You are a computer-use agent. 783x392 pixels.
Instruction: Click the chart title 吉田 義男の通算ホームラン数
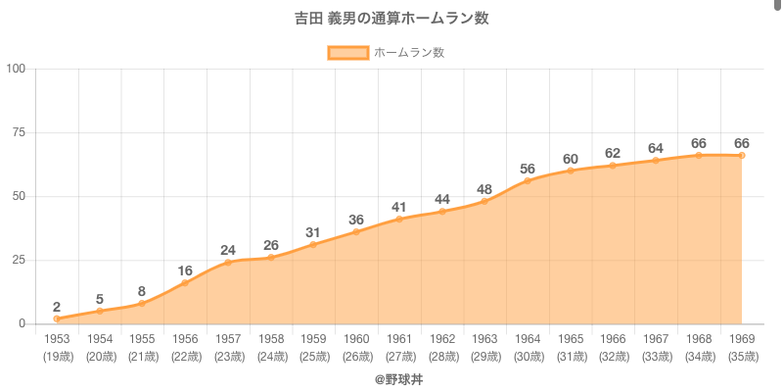(x=391, y=19)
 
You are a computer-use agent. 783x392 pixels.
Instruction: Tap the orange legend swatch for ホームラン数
(x=347, y=53)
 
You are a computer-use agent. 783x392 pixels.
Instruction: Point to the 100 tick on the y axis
(x=17, y=69)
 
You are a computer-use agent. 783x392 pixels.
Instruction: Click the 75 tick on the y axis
(x=20, y=132)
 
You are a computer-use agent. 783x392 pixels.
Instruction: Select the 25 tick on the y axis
(x=20, y=260)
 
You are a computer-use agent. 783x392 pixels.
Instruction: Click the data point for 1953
(x=57, y=318)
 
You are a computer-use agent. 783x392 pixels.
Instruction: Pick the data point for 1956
(x=185, y=283)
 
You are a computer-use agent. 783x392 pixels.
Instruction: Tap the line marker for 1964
(x=528, y=180)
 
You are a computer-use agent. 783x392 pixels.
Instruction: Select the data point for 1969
(x=742, y=155)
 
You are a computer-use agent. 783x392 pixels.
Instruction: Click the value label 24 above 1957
(x=228, y=249)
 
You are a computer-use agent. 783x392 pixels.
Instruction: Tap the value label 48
(x=484, y=188)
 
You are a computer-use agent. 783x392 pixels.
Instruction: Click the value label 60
(x=571, y=158)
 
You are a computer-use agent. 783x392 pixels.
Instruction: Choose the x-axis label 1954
(x=100, y=339)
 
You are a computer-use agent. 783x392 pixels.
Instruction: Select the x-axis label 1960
(x=356, y=339)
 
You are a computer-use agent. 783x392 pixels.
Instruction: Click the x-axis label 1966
(x=614, y=339)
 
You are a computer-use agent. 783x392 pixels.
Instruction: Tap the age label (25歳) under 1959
(x=313, y=356)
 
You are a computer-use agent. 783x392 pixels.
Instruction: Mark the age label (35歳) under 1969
(x=742, y=356)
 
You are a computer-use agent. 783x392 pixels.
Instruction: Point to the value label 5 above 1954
(x=100, y=299)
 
